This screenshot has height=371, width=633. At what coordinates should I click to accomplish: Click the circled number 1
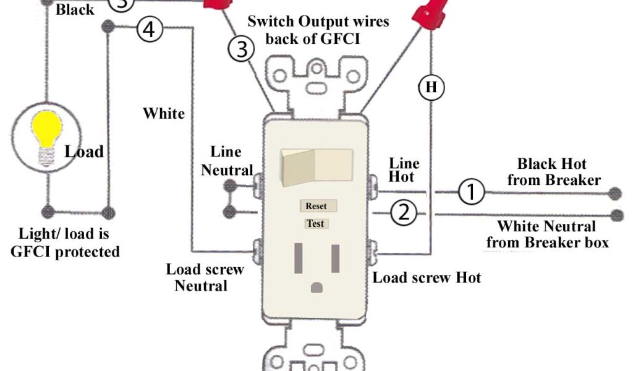pos(471,192)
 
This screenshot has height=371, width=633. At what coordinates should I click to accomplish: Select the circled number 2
pos(404,213)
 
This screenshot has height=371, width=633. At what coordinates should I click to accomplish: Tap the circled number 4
pos(150,30)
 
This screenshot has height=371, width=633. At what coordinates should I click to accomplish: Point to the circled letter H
pos(431,87)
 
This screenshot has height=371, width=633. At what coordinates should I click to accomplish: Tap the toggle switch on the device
pos(316,168)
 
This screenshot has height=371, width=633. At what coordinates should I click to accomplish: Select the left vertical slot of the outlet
pos(299,258)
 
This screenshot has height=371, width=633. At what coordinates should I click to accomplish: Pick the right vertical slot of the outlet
pos(335,258)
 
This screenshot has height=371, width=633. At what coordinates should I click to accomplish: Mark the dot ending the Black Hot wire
pos(614,194)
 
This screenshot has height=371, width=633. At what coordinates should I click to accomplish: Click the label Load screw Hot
pos(427,278)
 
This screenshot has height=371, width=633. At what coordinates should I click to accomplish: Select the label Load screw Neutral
pos(204,278)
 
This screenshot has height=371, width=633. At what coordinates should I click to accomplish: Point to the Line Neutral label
pos(226,161)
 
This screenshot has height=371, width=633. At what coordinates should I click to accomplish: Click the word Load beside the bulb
pos(84,151)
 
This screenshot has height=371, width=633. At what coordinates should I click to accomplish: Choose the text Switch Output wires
pos(318,22)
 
